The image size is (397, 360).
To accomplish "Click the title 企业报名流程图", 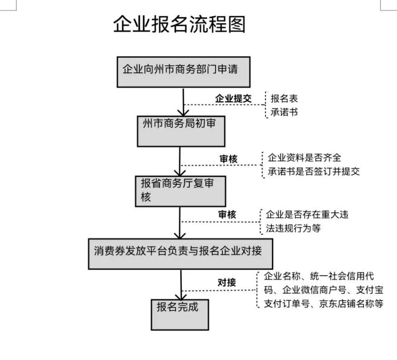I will click(179, 25).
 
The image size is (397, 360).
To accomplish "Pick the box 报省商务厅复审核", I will click(181, 190).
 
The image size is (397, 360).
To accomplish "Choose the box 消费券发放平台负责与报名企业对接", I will click(180, 253).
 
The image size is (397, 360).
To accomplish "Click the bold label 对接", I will click(227, 282).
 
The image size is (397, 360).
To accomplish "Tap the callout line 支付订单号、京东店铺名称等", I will click(323, 304).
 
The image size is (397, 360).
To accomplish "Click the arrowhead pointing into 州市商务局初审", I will click(183, 112).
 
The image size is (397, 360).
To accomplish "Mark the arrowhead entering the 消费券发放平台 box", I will click(180, 234).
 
